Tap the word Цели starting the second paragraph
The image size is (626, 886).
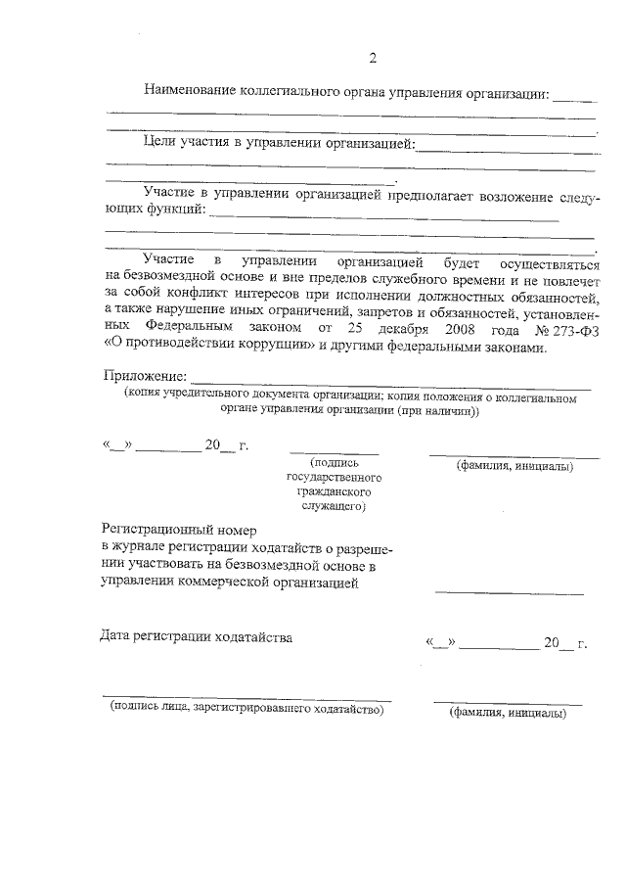(x=159, y=144)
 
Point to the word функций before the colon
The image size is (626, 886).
(x=176, y=209)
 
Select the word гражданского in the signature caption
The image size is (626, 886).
(x=335, y=492)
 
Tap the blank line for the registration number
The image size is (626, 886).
(x=509, y=592)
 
